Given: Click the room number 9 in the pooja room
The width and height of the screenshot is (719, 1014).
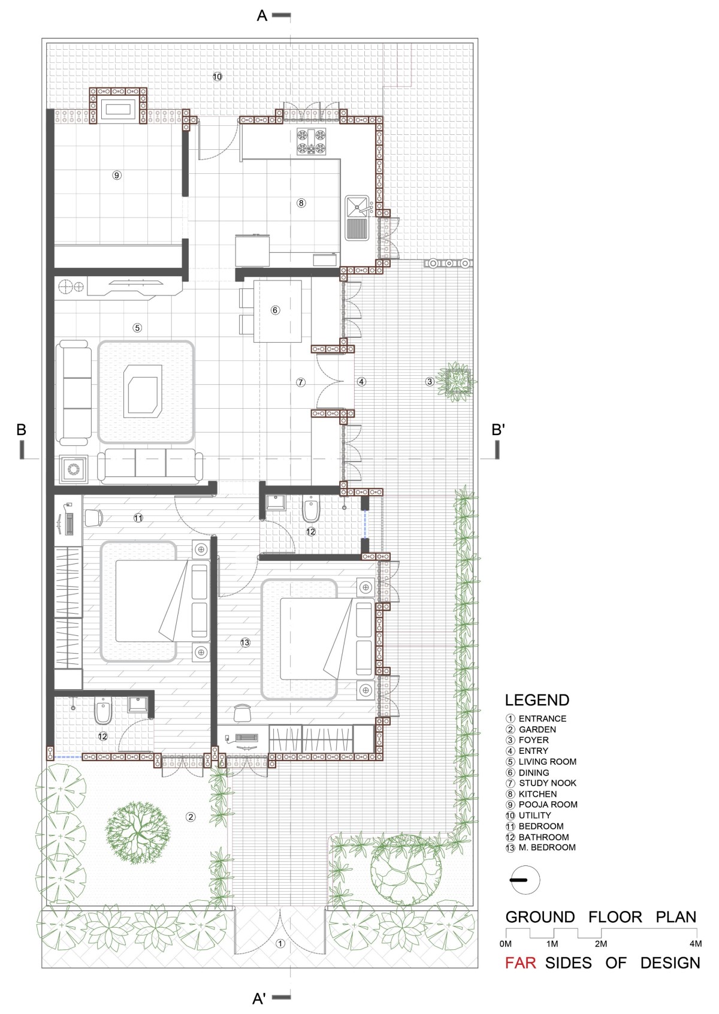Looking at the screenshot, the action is pos(117,175).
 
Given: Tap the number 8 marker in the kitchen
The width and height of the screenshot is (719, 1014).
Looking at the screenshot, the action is pos(301,203).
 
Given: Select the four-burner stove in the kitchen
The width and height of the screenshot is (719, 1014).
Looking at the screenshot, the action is pos(312,141).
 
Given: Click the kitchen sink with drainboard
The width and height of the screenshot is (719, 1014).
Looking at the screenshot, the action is pos(358,218).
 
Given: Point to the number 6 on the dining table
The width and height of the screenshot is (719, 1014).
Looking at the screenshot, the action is pos(275,310).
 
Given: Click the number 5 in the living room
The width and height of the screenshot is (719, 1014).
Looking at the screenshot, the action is pos(137,328).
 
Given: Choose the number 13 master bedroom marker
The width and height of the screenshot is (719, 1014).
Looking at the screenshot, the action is pos(245,642).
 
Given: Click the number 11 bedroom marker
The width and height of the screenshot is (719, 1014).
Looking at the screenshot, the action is pos(138,517).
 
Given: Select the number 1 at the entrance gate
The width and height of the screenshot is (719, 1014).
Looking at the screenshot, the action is pos(280,944).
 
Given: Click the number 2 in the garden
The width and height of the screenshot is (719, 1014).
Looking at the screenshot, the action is pos(191,817).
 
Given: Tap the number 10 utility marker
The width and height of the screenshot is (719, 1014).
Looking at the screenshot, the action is pos(217,77).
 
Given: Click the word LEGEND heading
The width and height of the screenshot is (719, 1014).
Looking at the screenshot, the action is pos(537,700).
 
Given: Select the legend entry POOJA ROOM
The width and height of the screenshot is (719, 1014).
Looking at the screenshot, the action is pos(548,804).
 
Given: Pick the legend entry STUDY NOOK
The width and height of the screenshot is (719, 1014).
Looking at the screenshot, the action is pos(548,783).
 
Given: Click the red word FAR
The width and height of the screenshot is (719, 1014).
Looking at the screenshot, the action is pos(520,963).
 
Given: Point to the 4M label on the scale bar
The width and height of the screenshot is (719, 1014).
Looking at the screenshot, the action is pos(695,944).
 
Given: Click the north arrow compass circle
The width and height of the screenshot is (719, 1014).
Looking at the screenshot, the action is pos(525,880).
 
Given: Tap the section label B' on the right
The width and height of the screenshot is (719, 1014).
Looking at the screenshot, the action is pos(498,429).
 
